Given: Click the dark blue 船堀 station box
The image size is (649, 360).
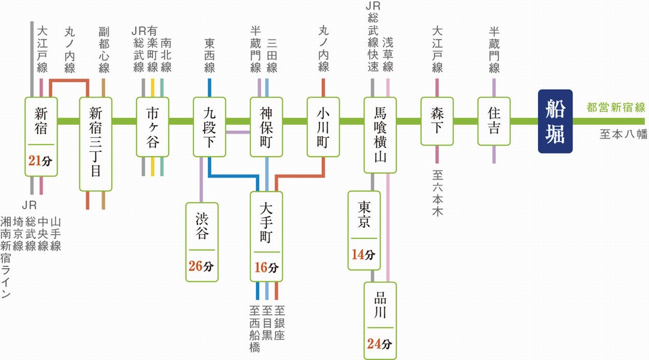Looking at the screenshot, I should click(555, 121).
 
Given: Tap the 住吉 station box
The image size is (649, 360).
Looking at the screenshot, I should click(494, 121).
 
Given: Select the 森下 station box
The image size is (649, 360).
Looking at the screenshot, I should click(437, 121).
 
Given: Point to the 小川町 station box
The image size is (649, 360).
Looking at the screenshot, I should click(324, 121).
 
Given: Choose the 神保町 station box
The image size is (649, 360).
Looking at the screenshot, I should click(267, 121).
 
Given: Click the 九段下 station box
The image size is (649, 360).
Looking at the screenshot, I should click(209, 121).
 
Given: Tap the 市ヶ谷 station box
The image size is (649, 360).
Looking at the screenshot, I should click(152, 121).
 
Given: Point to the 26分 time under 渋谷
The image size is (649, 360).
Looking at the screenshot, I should click(202, 265).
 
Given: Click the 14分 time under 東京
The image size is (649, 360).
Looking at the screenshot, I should click(363, 254).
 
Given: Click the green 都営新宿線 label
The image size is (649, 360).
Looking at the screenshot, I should click(615, 109).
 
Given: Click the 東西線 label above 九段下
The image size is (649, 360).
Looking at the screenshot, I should click(209, 56).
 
